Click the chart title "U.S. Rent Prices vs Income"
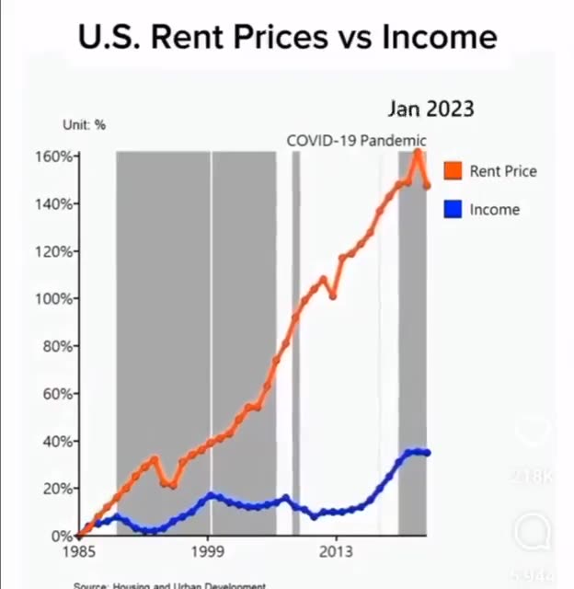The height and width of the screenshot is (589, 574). click(287, 37)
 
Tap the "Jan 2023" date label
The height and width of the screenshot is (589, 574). click(430, 109)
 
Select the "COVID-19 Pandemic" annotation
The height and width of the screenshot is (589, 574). click(356, 141)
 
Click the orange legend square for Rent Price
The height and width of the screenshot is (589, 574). click(452, 170)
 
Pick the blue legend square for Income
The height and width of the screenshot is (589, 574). click(452, 209)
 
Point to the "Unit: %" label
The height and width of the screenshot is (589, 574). click(84, 125)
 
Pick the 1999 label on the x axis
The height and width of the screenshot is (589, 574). click(210, 553)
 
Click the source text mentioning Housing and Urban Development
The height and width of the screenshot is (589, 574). click(170, 584)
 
